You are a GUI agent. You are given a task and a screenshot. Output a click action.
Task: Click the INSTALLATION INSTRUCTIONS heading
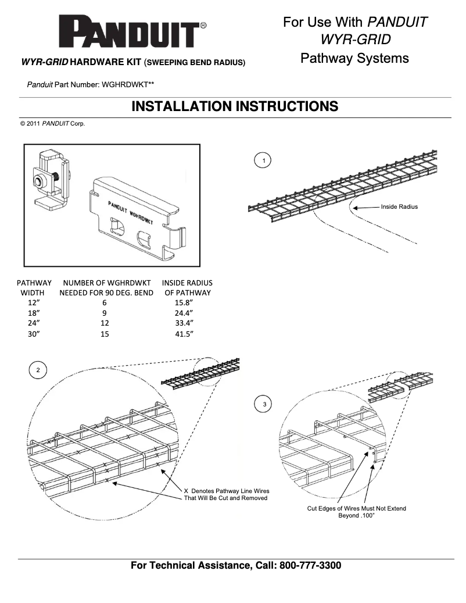click(235, 106)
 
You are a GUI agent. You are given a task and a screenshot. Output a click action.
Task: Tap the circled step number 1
click(264, 160)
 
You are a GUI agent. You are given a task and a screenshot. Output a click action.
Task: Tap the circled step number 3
click(265, 403)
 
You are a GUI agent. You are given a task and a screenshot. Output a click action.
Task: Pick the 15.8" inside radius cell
click(184, 303)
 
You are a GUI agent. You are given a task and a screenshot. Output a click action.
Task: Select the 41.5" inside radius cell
click(184, 334)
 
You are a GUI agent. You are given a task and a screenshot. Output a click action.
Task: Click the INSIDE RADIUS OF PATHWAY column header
click(187, 288)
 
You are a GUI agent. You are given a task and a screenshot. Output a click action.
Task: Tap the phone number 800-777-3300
click(310, 565)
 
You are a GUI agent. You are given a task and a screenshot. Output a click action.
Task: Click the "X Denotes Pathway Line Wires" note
click(226, 494)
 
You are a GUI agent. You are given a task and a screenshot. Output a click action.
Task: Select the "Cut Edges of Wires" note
click(357, 512)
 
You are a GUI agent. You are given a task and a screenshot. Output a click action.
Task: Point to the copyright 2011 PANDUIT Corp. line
click(53, 124)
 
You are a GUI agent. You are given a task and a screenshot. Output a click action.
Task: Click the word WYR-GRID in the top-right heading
click(355, 40)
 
